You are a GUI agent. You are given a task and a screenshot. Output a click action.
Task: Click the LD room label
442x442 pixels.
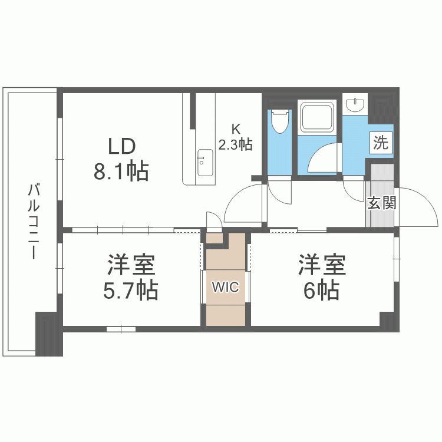click(121, 146)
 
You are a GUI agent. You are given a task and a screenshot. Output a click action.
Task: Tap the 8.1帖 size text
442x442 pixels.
click(120, 172)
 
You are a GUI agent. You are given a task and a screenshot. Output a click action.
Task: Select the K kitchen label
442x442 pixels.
click(236, 129)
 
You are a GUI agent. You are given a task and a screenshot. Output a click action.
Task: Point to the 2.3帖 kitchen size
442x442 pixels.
click(236, 144)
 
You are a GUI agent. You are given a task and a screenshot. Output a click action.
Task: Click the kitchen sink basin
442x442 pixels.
click(205, 163)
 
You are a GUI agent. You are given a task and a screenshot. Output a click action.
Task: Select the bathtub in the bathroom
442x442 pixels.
click(318, 117)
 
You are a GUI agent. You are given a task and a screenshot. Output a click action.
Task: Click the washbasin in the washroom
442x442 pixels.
click(355, 105)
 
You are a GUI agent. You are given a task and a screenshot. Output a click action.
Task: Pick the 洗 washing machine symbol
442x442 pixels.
click(381, 143)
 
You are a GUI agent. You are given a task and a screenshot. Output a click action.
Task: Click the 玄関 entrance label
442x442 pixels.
click(381, 203)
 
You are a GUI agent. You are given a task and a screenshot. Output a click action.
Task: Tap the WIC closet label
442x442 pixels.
click(226, 287)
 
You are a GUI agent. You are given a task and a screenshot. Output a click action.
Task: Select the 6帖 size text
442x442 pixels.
click(321, 290)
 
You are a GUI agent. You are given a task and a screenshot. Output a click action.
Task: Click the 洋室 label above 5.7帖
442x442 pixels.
click(131, 265)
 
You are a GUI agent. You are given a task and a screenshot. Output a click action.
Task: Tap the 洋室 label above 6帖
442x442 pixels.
click(321, 265)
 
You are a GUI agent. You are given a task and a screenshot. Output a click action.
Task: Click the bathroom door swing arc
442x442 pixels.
click(322, 158)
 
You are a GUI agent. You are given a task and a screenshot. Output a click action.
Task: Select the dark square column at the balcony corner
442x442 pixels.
click(49, 334)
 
